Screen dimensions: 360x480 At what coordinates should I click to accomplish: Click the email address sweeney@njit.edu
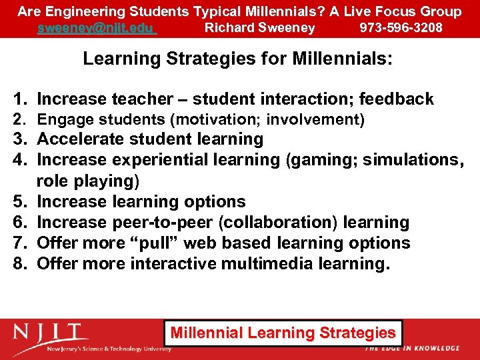click(97, 27)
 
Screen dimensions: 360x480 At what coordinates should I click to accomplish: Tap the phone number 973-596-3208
click(401, 27)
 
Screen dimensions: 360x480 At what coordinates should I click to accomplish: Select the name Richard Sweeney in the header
click(259, 27)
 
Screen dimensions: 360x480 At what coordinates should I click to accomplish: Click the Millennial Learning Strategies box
click(283, 332)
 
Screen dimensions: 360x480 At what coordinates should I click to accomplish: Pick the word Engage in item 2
click(57, 120)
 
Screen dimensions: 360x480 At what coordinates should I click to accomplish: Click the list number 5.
click(19, 201)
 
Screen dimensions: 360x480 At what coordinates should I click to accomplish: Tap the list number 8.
click(19, 263)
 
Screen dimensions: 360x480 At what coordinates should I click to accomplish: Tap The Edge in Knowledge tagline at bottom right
click(412, 348)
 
